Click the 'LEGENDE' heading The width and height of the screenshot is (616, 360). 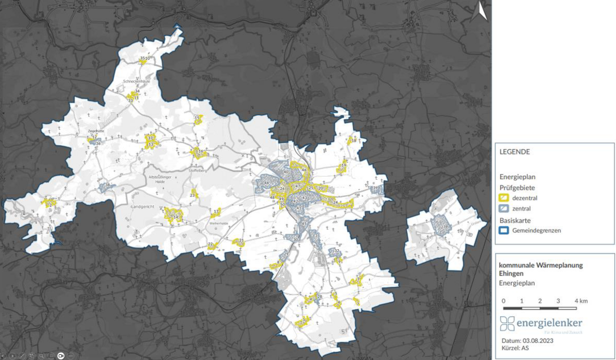click(515, 152)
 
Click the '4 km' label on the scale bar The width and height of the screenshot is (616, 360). click(581, 301)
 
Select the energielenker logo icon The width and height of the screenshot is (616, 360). click(507, 323)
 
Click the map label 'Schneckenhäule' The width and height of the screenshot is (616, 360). click(136, 82)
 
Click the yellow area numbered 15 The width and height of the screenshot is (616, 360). click(197, 119)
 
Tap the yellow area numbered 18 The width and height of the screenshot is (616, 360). click(353, 141)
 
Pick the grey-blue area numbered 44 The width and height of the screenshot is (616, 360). click(266, 183)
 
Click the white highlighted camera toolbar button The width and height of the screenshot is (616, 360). click(61, 355)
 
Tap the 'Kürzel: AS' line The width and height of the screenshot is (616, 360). click(515, 348)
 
